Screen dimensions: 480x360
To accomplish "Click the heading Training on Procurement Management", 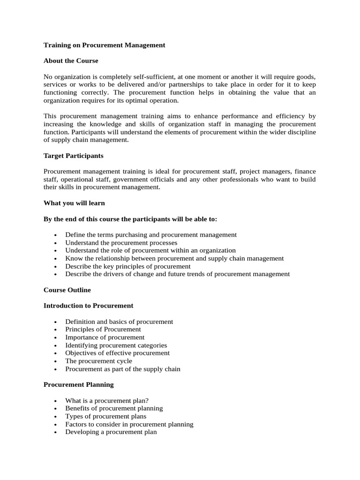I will click(x=104, y=45).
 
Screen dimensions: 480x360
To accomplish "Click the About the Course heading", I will click(x=71, y=61).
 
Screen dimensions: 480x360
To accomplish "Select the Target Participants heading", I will click(x=73, y=156).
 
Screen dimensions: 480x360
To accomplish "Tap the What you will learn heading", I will click(x=74, y=203).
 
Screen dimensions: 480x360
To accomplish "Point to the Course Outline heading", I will click(x=67, y=290).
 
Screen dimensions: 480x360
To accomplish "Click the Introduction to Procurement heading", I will click(x=88, y=306).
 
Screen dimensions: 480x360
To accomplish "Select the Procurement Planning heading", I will click(x=78, y=384).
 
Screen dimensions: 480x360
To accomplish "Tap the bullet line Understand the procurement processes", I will click(x=121, y=243).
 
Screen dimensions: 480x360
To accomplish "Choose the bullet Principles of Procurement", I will click(x=103, y=330).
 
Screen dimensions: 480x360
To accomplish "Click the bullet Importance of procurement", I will click(x=105, y=337).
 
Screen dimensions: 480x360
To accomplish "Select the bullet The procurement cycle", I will click(x=98, y=361).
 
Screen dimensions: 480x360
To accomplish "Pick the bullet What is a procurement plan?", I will click(x=107, y=400).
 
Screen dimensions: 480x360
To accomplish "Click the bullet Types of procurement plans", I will click(x=105, y=416).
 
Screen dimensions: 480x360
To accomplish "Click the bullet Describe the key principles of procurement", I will click(x=128, y=266).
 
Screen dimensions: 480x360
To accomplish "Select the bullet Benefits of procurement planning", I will click(x=114, y=408).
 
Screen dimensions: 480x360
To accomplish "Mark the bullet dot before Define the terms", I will click(x=55, y=235).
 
